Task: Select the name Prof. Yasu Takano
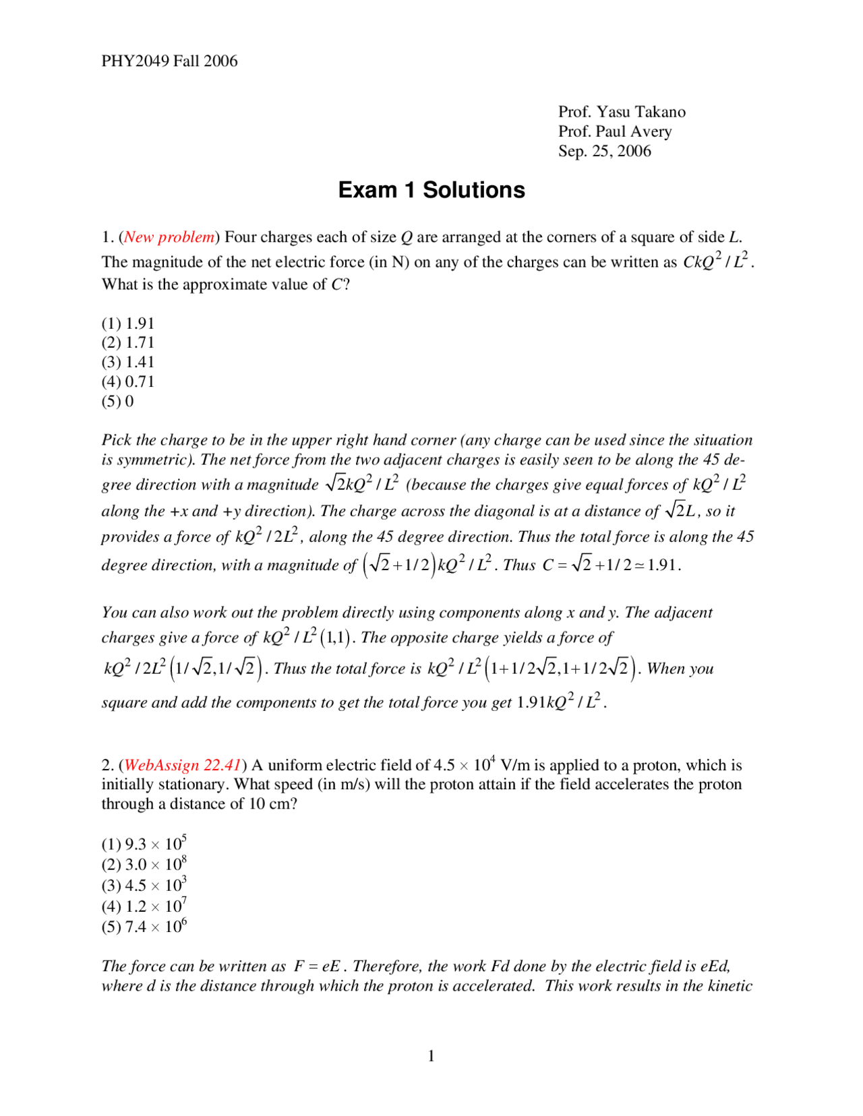click(x=622, y=112)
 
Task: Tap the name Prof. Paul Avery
click(x=615, y=131)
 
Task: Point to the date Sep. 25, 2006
click(x=605, y=151)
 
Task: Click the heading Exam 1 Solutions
click(x=431, y=190)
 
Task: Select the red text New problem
click(x=169, y=237)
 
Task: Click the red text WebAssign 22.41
click(x=183, y=766)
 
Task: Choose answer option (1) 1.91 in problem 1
click(x=128, y=323)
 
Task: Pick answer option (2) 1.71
click(x=128, y=343)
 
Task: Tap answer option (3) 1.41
click(x=128, y=363)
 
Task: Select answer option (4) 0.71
click(x=128, y=382)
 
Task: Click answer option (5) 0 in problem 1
click(x=118, y=402)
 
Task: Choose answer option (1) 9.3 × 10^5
click(x=144, y=844)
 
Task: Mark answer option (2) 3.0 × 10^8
click(x=144, y=865)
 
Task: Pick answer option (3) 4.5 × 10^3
click(x=144, y=886)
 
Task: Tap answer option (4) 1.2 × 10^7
click(x=144, y=906)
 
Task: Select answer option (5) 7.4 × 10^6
click(x=144, y=927)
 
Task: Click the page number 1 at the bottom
click(x=431, y=1056)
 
